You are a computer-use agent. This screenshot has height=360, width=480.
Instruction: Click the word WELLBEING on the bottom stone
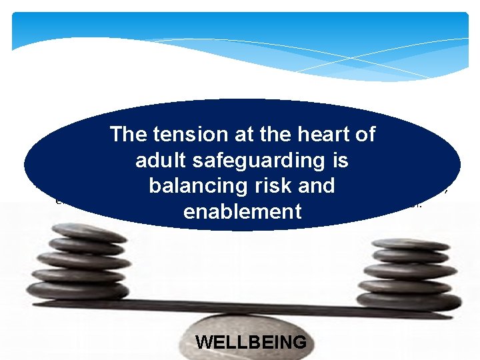[251, 343]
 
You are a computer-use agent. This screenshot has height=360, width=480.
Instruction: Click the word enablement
[242, 212]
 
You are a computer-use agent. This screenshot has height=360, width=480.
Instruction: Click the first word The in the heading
[129, 135]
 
